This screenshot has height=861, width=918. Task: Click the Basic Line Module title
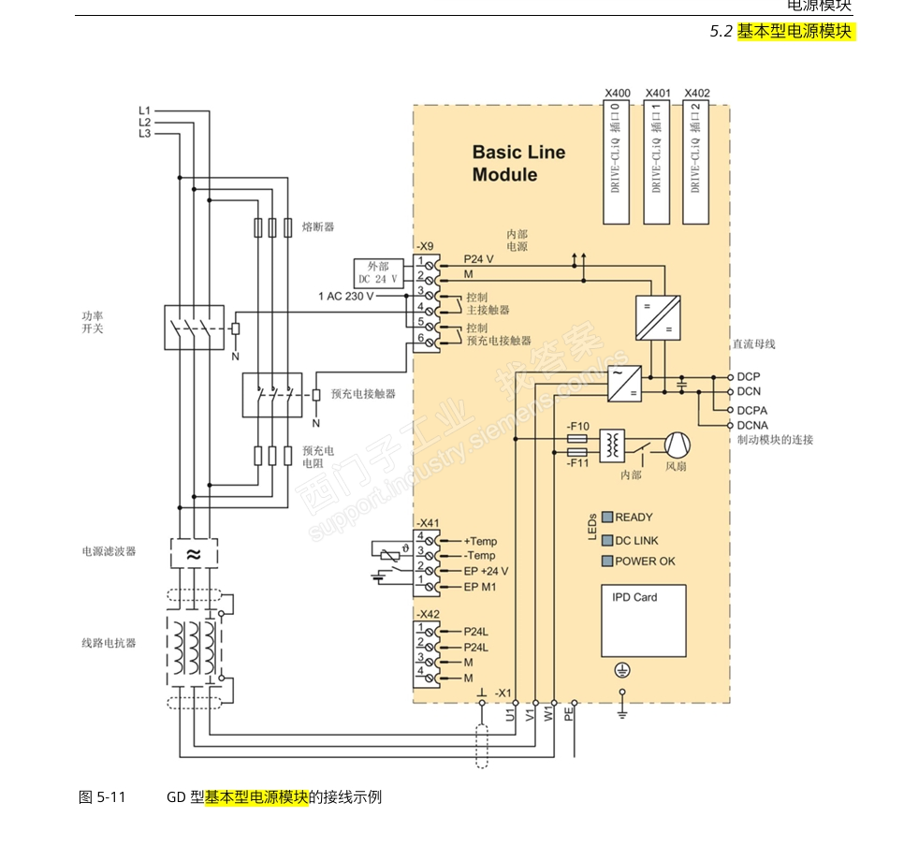[518, 163]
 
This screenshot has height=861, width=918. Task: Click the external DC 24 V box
[378, 272]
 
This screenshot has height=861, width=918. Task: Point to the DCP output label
[749, 377]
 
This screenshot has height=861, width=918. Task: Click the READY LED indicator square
[606, 517]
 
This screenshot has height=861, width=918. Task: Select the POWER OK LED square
[606, 562]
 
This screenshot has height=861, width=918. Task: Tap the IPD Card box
[643, 620]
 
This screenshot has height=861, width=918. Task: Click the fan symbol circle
[676, 445]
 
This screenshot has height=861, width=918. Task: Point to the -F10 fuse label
[577, 427]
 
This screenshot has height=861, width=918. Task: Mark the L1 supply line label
[144, 111]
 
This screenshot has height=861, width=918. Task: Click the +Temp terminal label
[481, 541]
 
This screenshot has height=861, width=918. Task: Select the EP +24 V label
[487, 571]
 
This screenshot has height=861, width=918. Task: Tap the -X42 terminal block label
[427, 614]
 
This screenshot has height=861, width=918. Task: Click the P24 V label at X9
[478, 259]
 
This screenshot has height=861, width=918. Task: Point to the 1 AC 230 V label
[345, 296]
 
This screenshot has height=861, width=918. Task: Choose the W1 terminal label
[548, 714]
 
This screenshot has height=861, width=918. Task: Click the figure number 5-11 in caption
[110, 797]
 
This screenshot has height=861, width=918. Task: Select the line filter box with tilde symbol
[193, 553]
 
